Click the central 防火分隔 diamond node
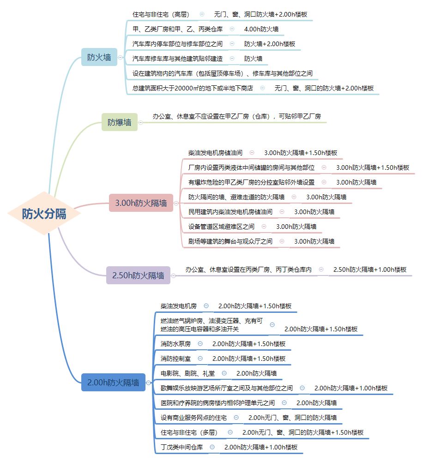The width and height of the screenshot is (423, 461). tap(44, 214)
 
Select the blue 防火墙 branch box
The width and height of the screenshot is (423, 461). tap(99, 57)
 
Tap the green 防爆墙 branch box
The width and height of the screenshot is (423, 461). tap(119, 122)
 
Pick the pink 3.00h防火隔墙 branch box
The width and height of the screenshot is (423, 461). tap(141, 203)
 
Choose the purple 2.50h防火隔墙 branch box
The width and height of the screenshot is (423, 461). tap(138, 275)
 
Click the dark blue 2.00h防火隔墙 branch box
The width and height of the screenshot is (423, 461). tap(113, 382)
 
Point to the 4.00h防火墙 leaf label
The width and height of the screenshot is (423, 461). tap(261, 29)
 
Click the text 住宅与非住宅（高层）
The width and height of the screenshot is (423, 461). tap(161, 14)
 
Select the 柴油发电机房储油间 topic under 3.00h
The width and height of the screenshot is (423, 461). tap(215, 153)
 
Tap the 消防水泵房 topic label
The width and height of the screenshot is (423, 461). tap(175, 344)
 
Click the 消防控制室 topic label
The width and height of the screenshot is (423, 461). tap(175, 359)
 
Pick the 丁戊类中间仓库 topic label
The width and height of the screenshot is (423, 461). tap(181, 447)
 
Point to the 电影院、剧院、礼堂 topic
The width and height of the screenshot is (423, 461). tap(187, 373)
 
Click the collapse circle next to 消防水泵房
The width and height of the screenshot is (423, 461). tap(200, 344)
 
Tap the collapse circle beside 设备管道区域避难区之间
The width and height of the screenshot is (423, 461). tap(264, 227)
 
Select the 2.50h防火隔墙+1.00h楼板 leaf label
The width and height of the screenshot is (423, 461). tap(370, 269)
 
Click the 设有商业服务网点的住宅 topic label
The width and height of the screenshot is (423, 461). tap(193, 418)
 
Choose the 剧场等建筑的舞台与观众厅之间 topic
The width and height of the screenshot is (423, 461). tap(230, 241)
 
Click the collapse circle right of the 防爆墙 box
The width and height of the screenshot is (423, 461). tap(141, 122)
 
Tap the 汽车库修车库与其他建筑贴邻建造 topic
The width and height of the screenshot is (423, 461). tap(177, 59)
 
